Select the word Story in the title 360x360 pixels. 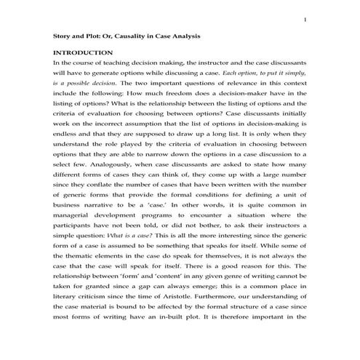(x=64, y=35)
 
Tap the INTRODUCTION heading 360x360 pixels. (x=84, y=53)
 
